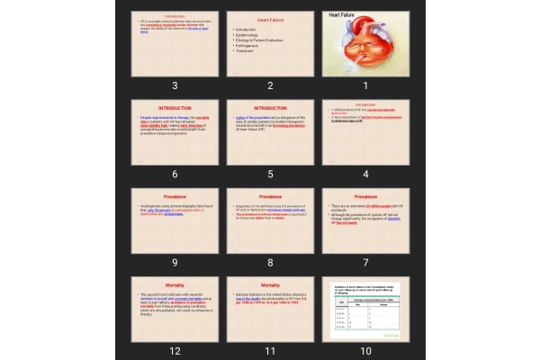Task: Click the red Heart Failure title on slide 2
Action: click(x=270, y=19)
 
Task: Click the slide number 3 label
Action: click(x=175, y=85)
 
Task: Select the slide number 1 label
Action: click(x=365, y=85)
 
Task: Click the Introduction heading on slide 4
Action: click(x=365, y=104)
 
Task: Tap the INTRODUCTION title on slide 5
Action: click(x=270, y=108)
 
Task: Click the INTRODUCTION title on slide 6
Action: click(x=175, y=108)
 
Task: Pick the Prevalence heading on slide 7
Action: click(x=365, y=196)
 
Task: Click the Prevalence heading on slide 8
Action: click(x=270, y=196)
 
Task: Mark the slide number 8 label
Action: click(x=270, y=262)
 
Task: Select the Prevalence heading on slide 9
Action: click(x=175, y=196)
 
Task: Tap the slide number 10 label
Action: click(x=365, y=350)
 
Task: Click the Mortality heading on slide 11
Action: click(x=270, y=284)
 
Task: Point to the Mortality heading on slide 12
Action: click(x=175, y=284)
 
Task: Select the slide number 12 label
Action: click(x=175, y=350)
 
